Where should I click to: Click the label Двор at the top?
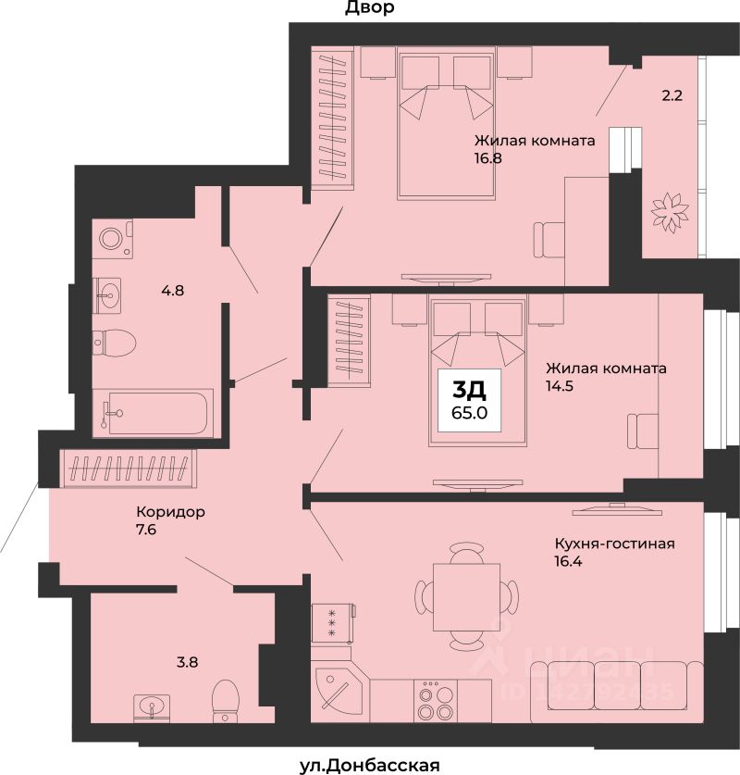point(369,7)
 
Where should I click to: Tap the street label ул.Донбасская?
point(370,766)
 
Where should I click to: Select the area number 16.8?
point(488,158)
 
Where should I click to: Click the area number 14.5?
point(560,385)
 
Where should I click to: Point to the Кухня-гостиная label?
point(614,544)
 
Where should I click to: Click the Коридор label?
point(171,511)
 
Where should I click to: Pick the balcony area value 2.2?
point(672,95)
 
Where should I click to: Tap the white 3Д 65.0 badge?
point(470,400)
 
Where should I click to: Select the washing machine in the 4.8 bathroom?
point(113,239)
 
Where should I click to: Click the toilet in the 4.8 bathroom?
point(114,342)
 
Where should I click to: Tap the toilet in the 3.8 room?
point(225,701)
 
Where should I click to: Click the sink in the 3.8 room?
point(152,706)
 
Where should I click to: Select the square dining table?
point(466,597)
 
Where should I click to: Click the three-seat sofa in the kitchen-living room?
point(617,692)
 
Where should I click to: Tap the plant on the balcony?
point(670,210)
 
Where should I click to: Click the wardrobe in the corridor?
point(129,468)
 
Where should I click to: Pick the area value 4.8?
point(173,290)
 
